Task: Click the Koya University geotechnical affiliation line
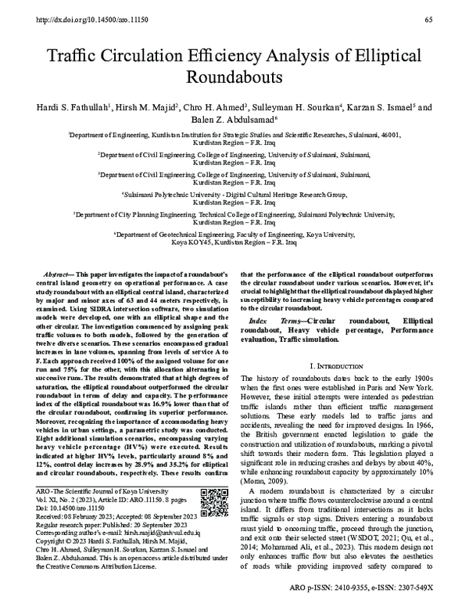234,233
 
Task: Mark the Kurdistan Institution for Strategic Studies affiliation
234,135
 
